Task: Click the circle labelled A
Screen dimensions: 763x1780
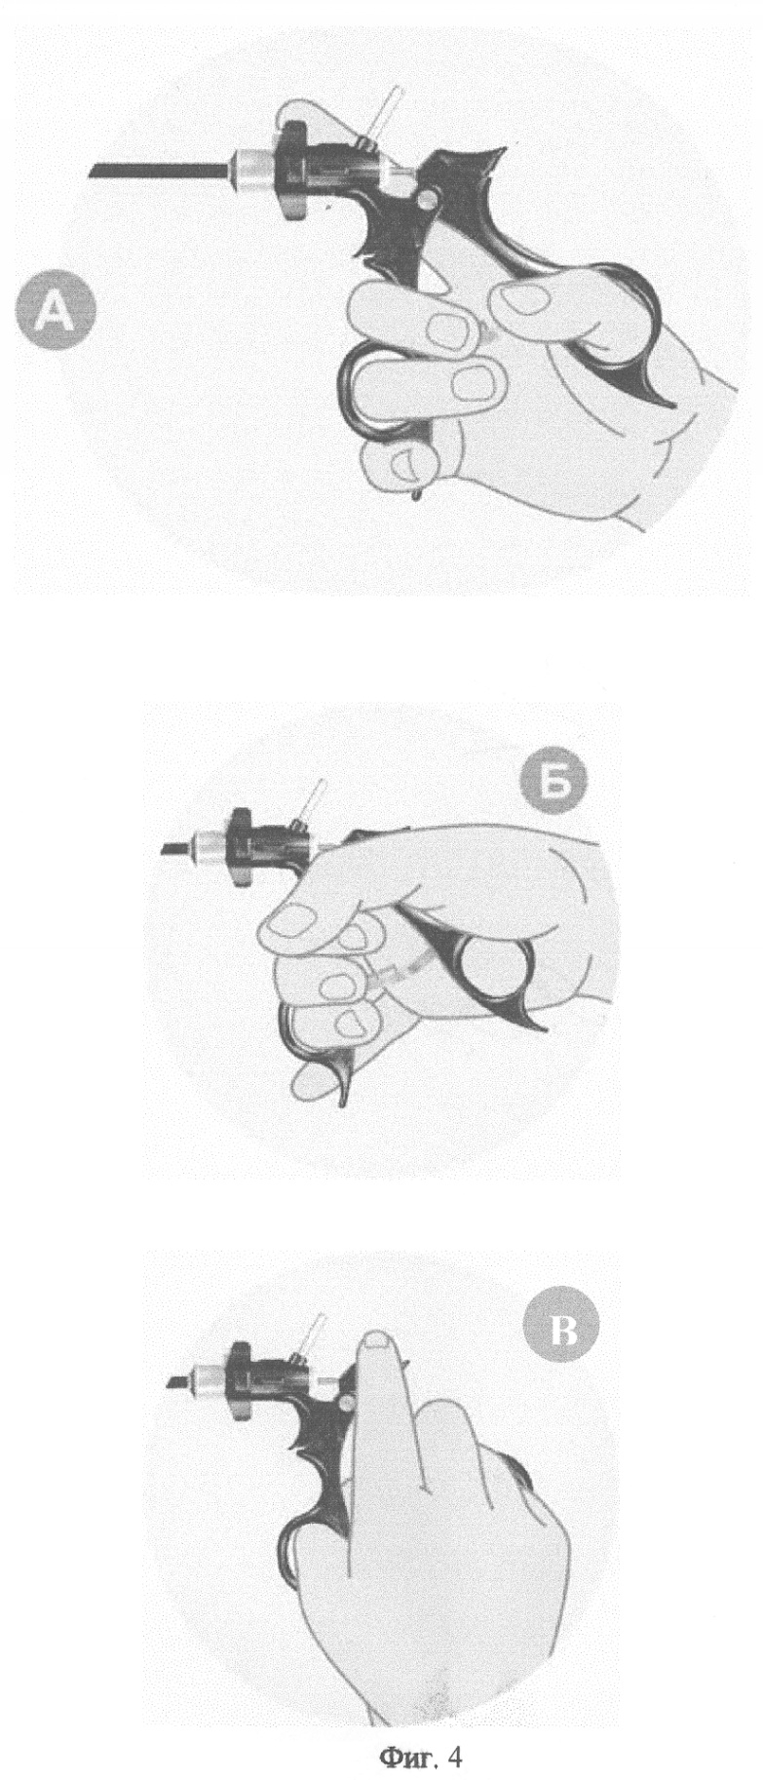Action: point(56,313)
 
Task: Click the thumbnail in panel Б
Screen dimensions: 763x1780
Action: point(293,919)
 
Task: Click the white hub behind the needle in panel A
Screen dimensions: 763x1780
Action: point(251,169)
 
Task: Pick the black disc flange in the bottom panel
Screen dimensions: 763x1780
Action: point(239,1380)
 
